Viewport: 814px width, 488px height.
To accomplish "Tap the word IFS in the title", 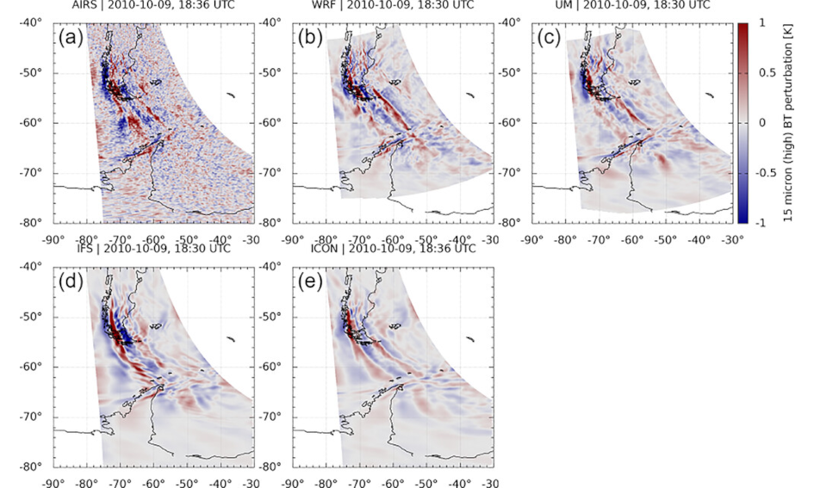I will pos(79,249).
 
